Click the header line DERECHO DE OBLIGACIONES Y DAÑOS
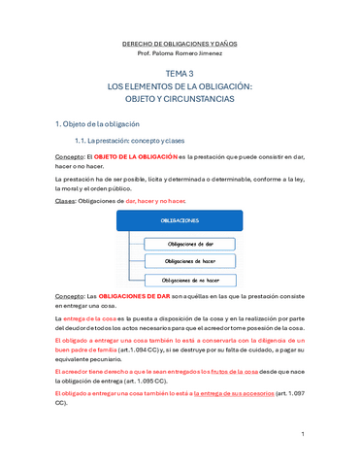click(x=180, y=45)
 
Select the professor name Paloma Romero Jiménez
click(x=180, y=55)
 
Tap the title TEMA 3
click(x=180, y=74)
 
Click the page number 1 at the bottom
click(x=303, y=433)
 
